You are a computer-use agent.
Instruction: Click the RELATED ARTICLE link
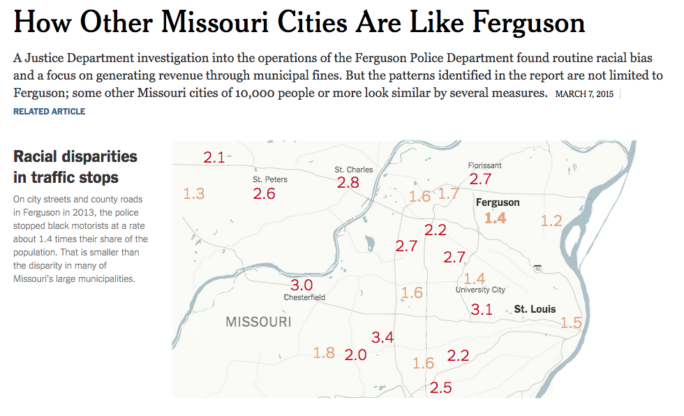49,112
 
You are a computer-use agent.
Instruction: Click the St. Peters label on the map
270,179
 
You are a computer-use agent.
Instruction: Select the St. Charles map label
354,170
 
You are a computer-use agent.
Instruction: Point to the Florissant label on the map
484,165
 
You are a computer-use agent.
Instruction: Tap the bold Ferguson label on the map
497,202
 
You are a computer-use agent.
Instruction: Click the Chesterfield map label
304,297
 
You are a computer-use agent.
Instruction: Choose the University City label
480,290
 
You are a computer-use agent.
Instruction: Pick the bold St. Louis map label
535,309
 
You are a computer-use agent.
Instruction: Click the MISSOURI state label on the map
258,322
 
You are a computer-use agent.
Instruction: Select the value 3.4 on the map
382,338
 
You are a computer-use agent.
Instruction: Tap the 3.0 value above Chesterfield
302,285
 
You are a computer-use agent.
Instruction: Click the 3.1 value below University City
482,309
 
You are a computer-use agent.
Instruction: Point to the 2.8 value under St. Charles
348,183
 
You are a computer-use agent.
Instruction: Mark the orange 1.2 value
551,221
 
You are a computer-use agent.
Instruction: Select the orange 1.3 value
193,193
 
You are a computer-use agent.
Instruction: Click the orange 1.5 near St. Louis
571,322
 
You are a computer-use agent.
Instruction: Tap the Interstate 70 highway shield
537,268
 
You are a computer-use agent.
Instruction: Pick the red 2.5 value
440,387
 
